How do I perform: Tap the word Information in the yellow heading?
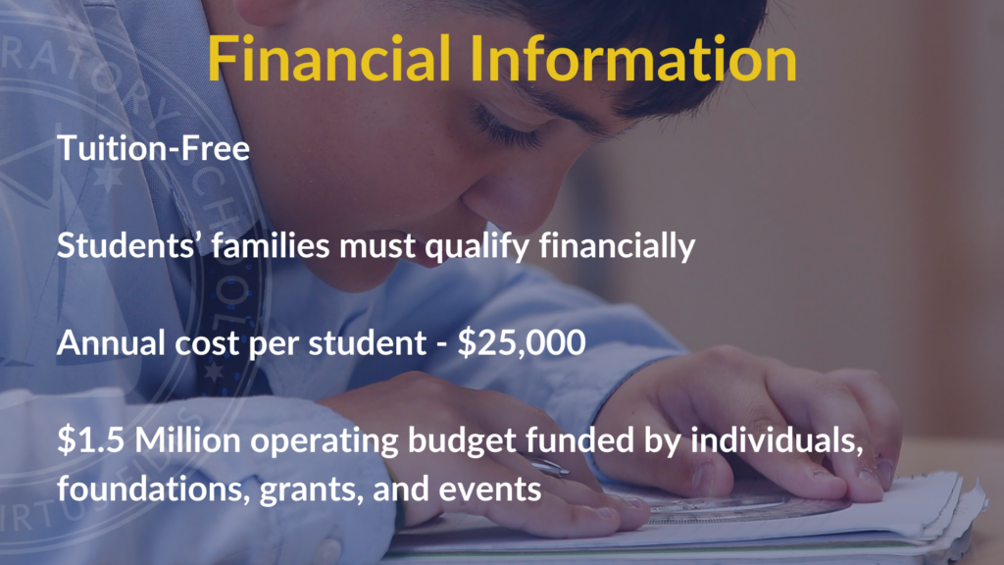pos(633,58)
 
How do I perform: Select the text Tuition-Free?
pos(153,148)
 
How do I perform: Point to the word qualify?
pos(477,246)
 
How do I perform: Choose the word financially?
pos(618,246)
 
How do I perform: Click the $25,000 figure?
pos(522,342)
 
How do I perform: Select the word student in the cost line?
pos(367,342)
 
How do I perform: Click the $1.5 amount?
pos(90,440)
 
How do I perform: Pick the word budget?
pos(462,440)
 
